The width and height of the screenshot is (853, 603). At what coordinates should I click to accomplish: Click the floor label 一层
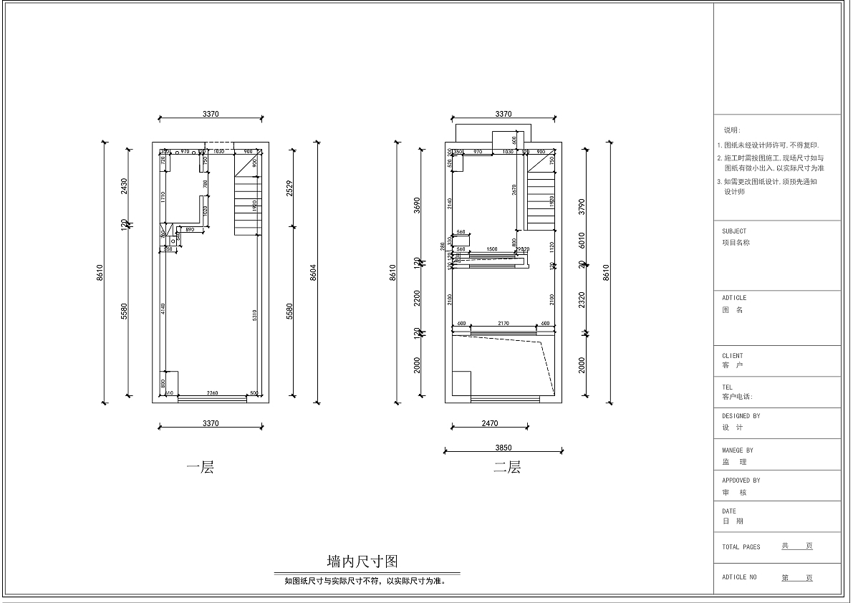(x=200, y=468)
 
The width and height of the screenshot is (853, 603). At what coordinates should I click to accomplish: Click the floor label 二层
(x=506, y=468)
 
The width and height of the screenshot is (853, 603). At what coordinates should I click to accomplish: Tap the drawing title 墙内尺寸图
(x=367, y=561)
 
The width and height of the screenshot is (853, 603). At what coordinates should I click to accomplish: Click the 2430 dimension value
(x=124, y=186)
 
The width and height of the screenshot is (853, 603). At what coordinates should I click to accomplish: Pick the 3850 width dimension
(x=503, y=448)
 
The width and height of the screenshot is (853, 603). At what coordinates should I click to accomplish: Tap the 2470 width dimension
(x=489, y=423)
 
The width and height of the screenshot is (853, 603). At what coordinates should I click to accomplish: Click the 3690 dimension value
(x=417, y=207)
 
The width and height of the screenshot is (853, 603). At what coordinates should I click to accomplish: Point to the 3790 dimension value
(x=582, y=207)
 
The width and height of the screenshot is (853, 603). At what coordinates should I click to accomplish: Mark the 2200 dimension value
(x=417, y=298)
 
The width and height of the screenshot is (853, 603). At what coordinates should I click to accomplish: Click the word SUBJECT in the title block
(x=734, y=231)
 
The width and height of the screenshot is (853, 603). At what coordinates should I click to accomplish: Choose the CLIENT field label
(x=733, y=355)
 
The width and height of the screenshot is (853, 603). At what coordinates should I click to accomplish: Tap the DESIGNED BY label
(x=741, y=415)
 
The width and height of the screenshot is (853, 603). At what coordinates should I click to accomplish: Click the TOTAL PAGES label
(x=741, y=547)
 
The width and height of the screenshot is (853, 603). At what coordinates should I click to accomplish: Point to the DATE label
(x=729, y=511)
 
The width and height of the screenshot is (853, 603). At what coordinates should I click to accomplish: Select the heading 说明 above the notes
(x=732, y=130)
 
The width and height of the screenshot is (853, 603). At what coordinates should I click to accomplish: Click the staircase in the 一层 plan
(x=246, y=201)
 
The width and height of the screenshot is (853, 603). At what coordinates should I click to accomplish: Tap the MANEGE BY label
(x=738, y=450)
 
